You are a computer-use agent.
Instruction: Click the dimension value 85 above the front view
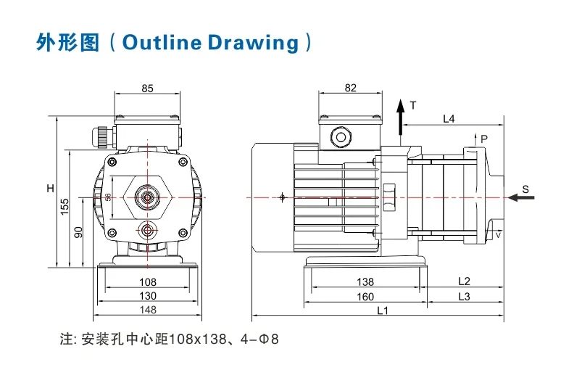tap(147, 89)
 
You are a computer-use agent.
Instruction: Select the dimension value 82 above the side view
tap(351, 88)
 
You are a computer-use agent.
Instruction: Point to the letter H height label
tap(50, 189)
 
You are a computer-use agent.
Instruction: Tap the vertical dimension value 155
tap(65, 207)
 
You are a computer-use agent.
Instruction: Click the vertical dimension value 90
tap(79, 232)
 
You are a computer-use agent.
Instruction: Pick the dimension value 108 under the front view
tap(147, 281)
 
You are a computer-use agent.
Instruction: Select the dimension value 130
tap(147, 295)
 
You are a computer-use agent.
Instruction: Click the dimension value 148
tap(147, 309)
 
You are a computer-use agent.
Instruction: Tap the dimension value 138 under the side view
tap(365, 281)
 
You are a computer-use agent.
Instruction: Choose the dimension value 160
tap(365, 296)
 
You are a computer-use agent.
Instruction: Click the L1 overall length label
tap(383, 311)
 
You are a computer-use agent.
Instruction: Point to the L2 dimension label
tap(465, 281)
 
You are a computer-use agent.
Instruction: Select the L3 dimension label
tap(465, 296)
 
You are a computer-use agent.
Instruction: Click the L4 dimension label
tap(449, 118)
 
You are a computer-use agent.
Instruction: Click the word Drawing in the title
tap(253, 41)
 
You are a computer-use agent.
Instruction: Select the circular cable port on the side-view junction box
tap(339, 136)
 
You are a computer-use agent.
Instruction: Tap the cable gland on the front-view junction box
tap(101, 135)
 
